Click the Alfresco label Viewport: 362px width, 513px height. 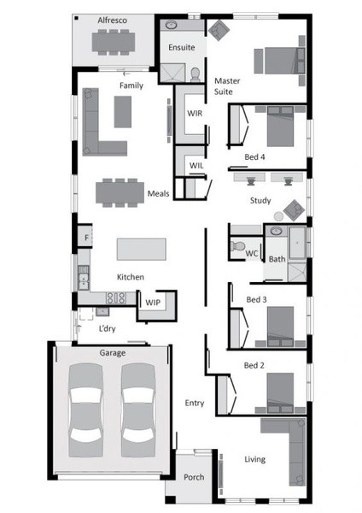tap(112, 21)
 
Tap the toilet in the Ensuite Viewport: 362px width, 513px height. tap(196, 74)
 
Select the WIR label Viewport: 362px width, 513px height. tap(195, 113)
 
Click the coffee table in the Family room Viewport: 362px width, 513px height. tap(123, 111)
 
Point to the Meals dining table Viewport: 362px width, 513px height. tap(120, 192)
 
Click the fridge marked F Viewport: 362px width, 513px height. tap(85, 236)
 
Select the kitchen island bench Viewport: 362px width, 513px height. tap(142, 249)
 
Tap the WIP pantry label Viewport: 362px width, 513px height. tap(153, 303)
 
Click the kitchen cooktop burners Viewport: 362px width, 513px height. tap(115, 298)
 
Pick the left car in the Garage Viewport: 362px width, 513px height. tap(85, 410)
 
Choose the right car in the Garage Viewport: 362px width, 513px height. tap(138, 410)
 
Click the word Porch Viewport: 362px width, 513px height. tap(194, 477)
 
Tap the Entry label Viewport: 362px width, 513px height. tap(195, 403)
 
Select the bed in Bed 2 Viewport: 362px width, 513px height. tap(280, 393)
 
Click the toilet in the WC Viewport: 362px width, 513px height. tap(238, 245)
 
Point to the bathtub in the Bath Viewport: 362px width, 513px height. tap(297, 243)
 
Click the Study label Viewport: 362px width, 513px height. tap(260, 200)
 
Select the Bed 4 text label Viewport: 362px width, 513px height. tap(254, 157)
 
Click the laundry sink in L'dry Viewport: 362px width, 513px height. tap(102, 311)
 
